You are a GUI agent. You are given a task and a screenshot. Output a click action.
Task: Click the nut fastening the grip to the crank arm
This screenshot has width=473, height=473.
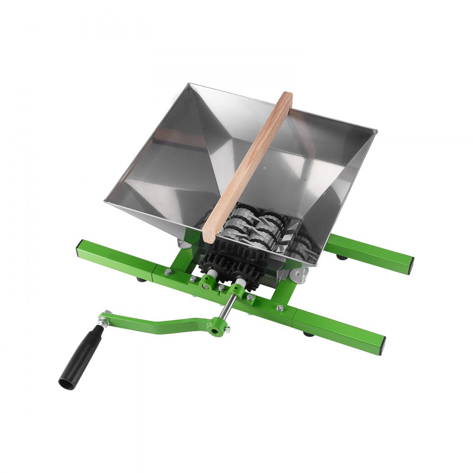(104, 323)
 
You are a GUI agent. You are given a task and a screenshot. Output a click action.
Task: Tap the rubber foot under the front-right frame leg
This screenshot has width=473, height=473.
(308, 334)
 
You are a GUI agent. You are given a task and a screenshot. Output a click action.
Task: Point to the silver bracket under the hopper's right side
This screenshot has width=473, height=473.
(298, 273)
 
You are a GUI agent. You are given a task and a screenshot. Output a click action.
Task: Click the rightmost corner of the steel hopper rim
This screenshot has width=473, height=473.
(376, 131)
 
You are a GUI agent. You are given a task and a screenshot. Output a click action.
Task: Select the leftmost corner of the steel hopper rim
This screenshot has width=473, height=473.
(105, 201)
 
